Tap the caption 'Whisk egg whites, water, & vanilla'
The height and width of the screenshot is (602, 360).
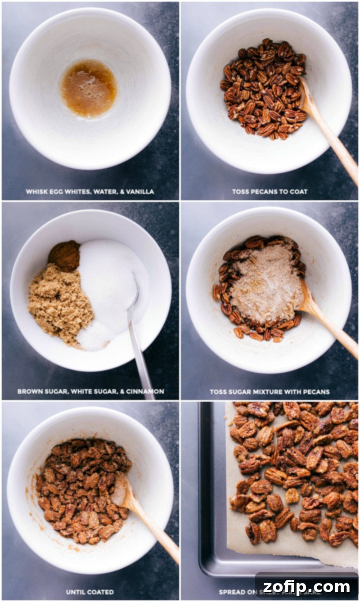point(90,192)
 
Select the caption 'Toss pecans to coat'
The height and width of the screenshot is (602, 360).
point(270,192)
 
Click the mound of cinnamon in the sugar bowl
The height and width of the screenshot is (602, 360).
point(64,256)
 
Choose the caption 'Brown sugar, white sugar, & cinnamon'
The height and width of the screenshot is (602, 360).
point(90,391)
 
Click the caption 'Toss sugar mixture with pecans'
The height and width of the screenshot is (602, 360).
point(270,391)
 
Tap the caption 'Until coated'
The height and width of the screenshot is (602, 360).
point(90,592)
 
